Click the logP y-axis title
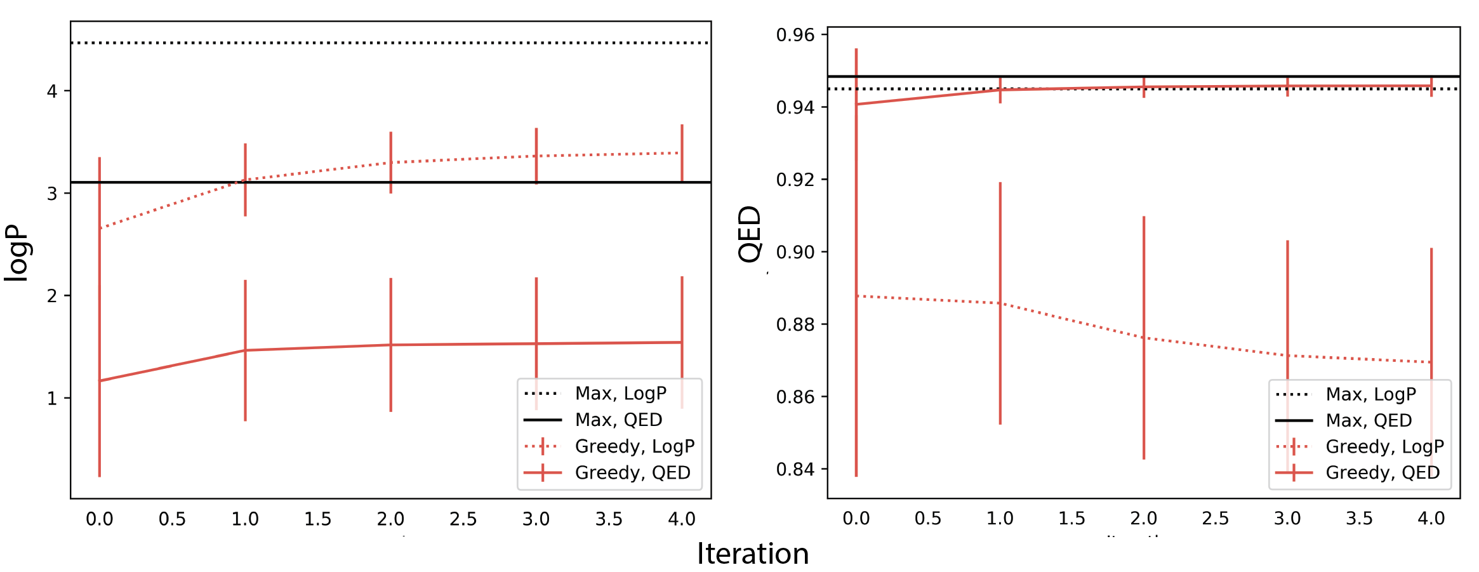(17, 252)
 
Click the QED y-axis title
(750, 234)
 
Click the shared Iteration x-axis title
(753, 554)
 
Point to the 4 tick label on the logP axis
(52, 91)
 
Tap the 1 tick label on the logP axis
(52, 399)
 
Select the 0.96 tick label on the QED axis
(795, 36)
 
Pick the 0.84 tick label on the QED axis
(795, 469)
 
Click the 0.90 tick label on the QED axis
(795, 253)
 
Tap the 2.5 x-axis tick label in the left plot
(463, 519)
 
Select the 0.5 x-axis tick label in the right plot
(928, 519)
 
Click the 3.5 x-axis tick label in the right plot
(1359, 519)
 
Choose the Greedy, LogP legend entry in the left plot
(634, 446)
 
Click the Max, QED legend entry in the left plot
(618, 420)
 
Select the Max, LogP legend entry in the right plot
(1370, 394)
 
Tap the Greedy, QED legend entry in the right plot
(1383, 472)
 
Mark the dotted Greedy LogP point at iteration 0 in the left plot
(100, 228)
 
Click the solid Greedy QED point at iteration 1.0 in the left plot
(245, 350)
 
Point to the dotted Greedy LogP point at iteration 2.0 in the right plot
(1144, 338)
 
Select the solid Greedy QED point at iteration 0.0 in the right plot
(856, 104)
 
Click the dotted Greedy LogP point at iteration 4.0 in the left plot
(682, 153)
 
